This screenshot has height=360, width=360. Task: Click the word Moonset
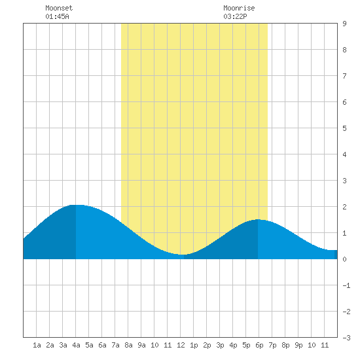pyautogui.click(x=59, y=8)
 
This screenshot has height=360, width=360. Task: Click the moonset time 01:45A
pyautogui.click(x=57, y=16)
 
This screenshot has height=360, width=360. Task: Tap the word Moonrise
pyautogui.click(x=239, y=8)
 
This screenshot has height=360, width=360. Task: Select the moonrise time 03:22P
pyautogui.click(x=236, y=16)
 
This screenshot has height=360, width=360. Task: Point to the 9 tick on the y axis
pyautogui.click(x=344, y=24)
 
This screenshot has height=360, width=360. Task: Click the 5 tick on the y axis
pyautogui.click(x=344, y=128)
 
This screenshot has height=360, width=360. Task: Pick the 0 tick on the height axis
pyautogui.click(x=344, y=259)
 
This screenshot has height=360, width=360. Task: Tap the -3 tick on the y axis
pyautogui.click(x=346, y=338)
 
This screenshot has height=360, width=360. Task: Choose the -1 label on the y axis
pyautogui.click(x=346, y=285)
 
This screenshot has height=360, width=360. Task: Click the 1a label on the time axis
pyautogui.click(x=37, y=345)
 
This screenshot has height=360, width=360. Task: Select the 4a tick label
pyautogui.click(x=76, y=345)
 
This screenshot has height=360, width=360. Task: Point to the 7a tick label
pyautogui.click(x=115, y=345)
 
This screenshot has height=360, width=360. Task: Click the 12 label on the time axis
pyautogui.click(x=181, y=345)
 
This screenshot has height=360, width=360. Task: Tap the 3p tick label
pyautogui.click(x=220, y=345)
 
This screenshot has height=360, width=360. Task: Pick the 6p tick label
pyautogui.click(x=259, y=345)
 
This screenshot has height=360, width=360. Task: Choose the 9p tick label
pyautogui.click(x=298, y=345)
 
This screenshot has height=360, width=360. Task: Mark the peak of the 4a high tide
pyautogui.click(x=76, y=205)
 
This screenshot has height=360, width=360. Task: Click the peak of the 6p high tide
pyautogui.click(x=258, y=219)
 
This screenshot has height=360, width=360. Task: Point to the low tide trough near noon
pyautogui.click(x=182, y=255)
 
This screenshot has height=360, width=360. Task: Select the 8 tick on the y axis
pyautogui.click(x=344, y=50)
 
